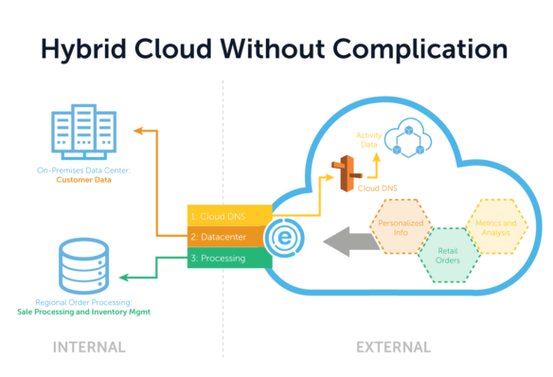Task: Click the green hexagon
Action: point(449,255)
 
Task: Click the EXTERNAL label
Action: point(393,348)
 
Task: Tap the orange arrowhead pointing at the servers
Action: point(136,131)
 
